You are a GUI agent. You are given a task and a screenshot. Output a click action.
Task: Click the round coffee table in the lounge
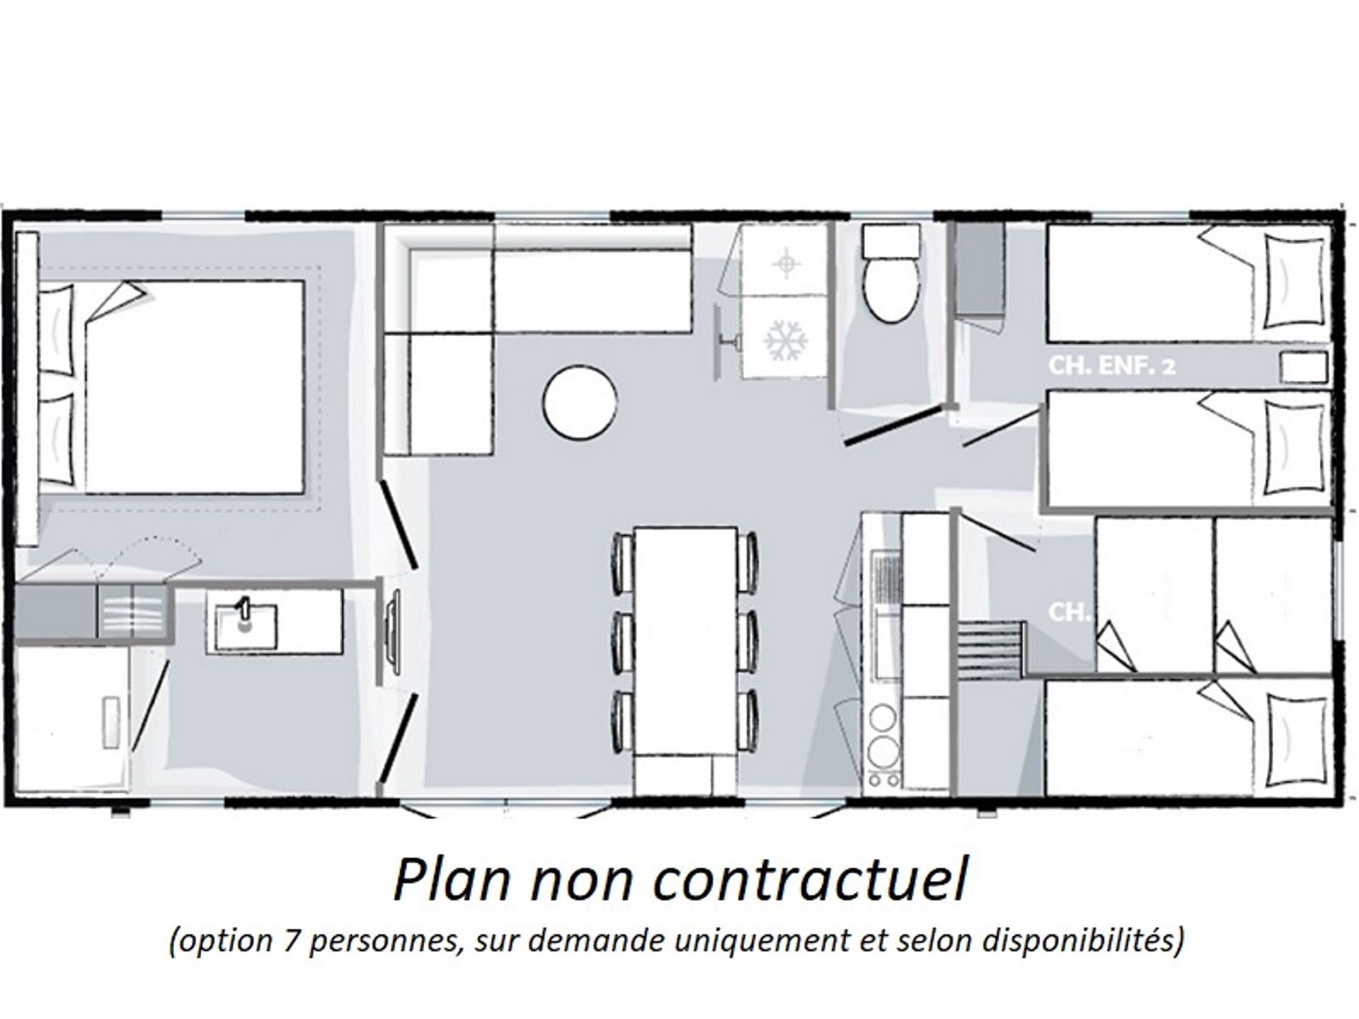580,402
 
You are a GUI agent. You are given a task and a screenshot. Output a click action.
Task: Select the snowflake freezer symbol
786,340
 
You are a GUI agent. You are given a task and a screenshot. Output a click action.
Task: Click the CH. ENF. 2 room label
1112,366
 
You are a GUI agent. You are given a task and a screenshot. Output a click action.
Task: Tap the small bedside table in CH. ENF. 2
1303,368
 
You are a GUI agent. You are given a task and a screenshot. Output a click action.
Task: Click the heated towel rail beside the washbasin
391,626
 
